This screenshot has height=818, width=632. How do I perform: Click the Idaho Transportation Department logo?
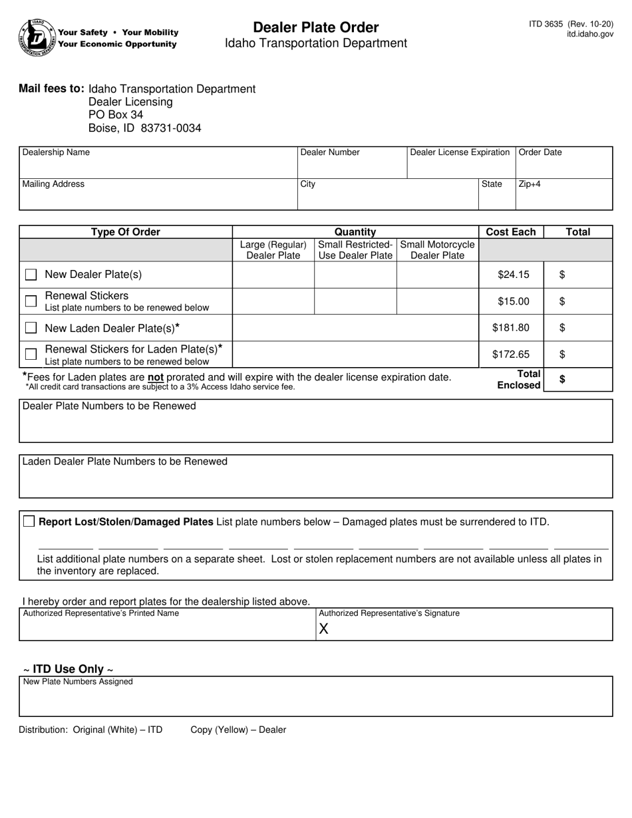[x=37, y=37]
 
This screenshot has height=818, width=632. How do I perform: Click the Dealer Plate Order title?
[x=315, y=27]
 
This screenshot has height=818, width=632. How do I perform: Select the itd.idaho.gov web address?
[x=590, y=34]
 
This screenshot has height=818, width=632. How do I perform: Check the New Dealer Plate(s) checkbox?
[x=31, y=275]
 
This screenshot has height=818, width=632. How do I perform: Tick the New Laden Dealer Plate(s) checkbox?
[x=31, y=328]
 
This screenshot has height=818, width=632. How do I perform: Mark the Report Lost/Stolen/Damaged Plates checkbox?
[x=29, y=521]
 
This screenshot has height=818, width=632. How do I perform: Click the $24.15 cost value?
[x=513, y=275]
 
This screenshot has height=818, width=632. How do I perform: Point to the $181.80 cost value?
[x=511, y=328]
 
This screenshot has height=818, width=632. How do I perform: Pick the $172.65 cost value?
[x=511, y=354]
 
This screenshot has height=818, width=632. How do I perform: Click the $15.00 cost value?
[x=513, y=301]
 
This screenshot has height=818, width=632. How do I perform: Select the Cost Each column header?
[x=510, y=232]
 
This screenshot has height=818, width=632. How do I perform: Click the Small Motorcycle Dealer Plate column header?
[x=437, y=250]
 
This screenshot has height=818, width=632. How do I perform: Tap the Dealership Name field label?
[x=56, y=152]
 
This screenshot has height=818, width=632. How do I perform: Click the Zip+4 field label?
[x=529, y=184]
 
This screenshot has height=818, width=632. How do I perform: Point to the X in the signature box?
[x=324, y=629]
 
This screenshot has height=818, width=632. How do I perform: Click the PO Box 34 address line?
[x=116, y=115]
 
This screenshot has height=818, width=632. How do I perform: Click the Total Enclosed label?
[x=520, y=380]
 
